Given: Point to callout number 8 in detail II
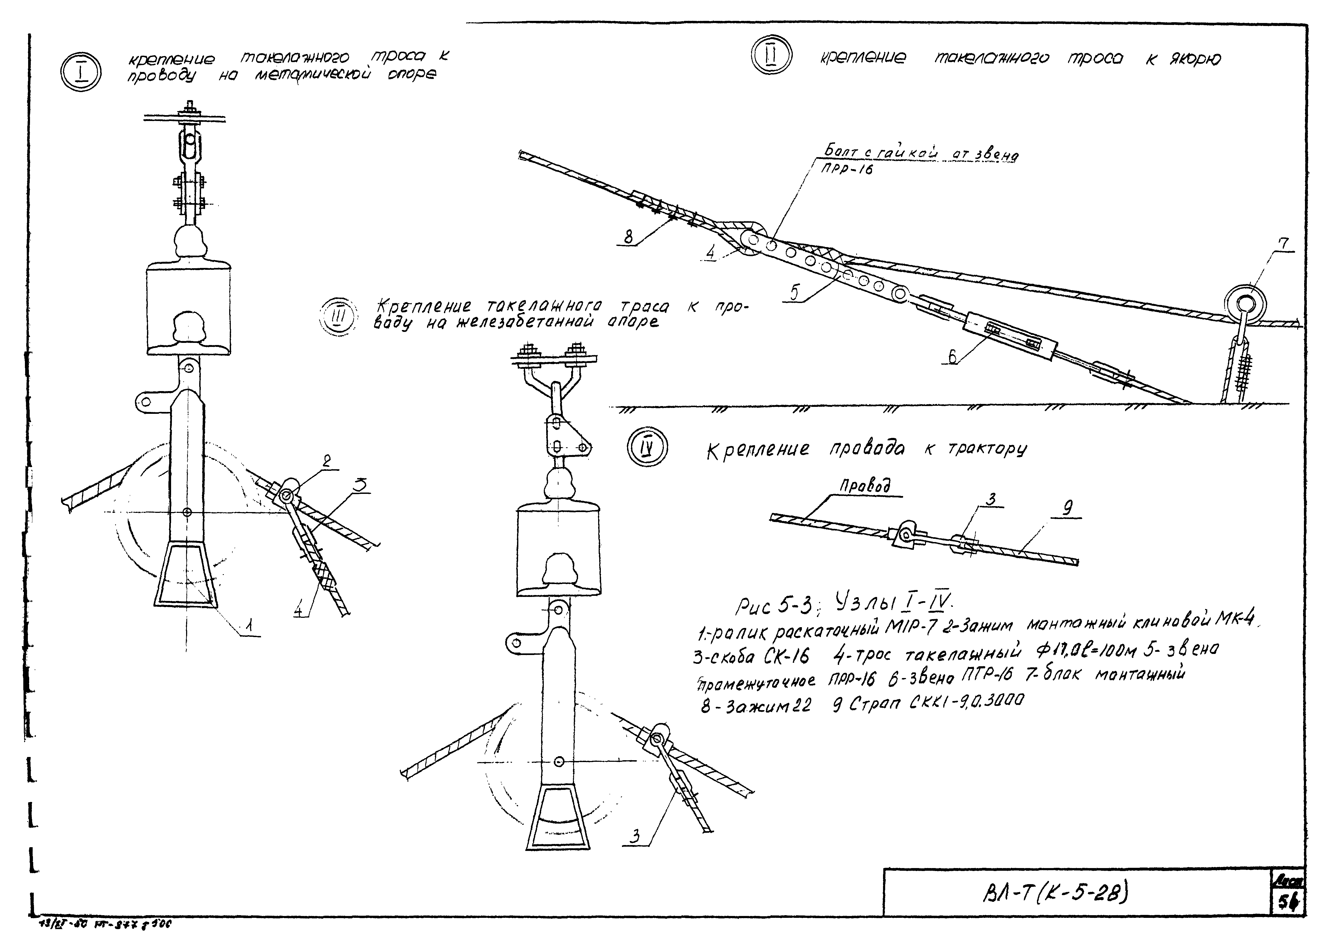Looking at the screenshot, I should (x=629, y=237).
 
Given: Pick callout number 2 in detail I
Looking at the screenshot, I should (x=327, y=461).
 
